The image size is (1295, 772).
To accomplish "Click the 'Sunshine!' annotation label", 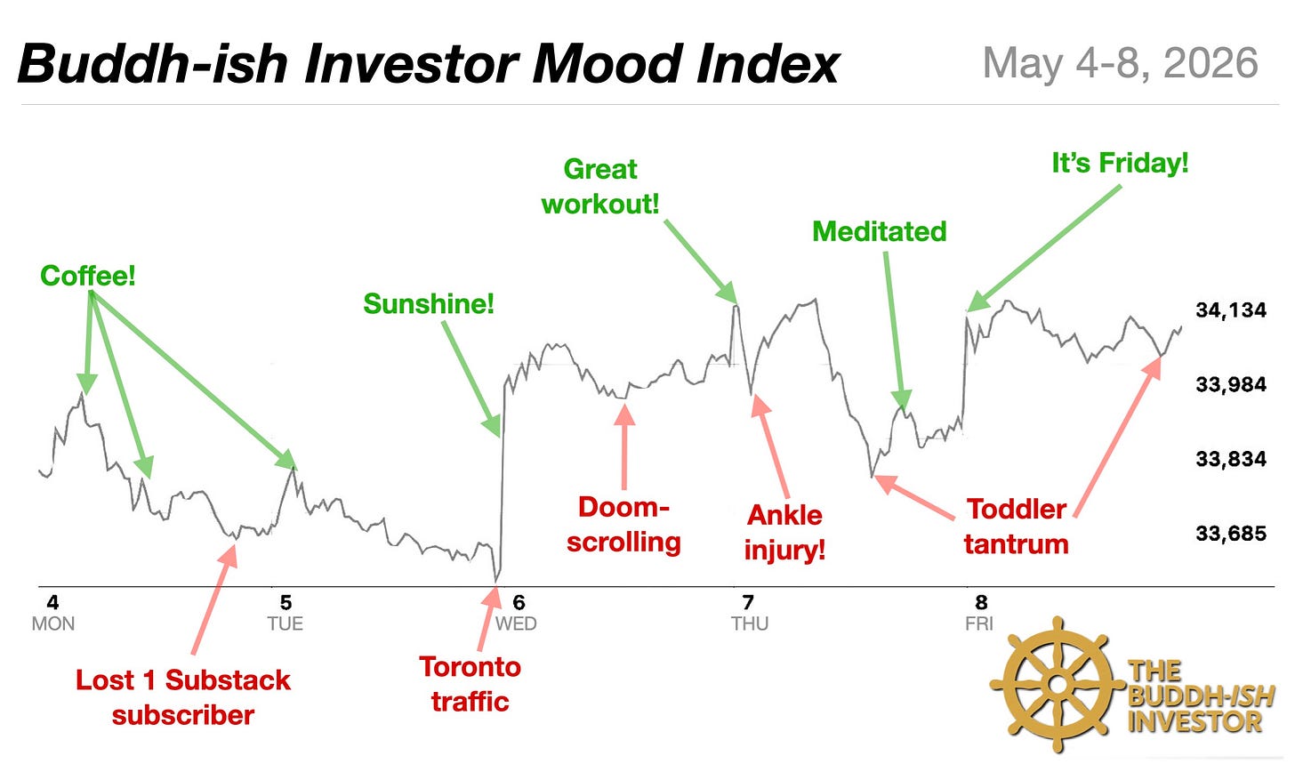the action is [429, 304].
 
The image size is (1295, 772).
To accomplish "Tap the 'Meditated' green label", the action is [880, 231].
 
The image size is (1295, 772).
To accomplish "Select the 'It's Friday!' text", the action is [1120, 163].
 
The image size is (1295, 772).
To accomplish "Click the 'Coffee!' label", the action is [88, 275].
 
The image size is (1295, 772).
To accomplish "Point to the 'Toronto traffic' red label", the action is [470, 684].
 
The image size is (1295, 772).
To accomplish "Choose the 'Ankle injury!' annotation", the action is [784, 532].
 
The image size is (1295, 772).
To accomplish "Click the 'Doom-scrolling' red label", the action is [623, 525].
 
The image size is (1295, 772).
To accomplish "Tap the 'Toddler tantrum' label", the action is [1017, 527].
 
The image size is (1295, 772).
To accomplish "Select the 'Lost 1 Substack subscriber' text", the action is [183, 697].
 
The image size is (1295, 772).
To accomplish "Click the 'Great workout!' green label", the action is [600, 187].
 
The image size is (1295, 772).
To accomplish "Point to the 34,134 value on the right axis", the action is [1231, 310].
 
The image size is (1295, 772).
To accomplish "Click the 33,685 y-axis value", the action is [1231, 533].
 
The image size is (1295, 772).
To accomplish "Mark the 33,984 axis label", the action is [1231, 384].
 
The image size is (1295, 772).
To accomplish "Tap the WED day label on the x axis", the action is [516, 624].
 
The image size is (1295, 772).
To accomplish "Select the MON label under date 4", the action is [53, 624].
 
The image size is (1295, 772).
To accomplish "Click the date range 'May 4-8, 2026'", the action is [1121, 63].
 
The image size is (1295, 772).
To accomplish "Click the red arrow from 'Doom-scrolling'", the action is [624, 446].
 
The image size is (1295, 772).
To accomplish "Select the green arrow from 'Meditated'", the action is [895, 331].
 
